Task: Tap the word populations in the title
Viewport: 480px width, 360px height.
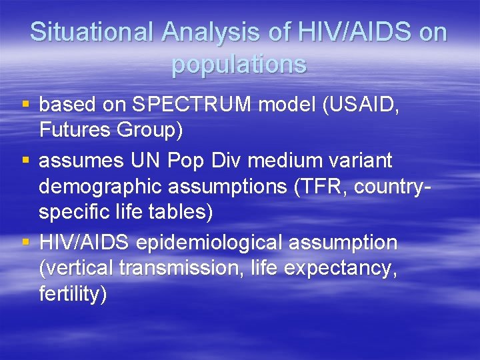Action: (239, 64)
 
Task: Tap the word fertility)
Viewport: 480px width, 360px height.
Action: (73, 294)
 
